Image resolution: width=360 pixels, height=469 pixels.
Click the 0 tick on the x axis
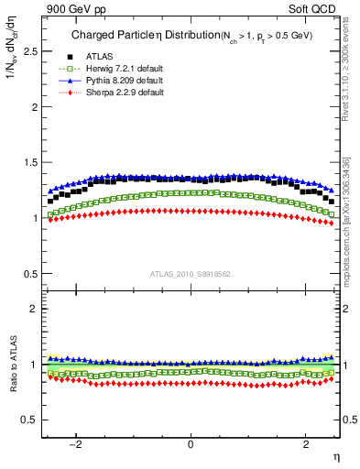coord(191,444)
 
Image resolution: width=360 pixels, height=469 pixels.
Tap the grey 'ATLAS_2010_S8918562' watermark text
coord(191,274)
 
